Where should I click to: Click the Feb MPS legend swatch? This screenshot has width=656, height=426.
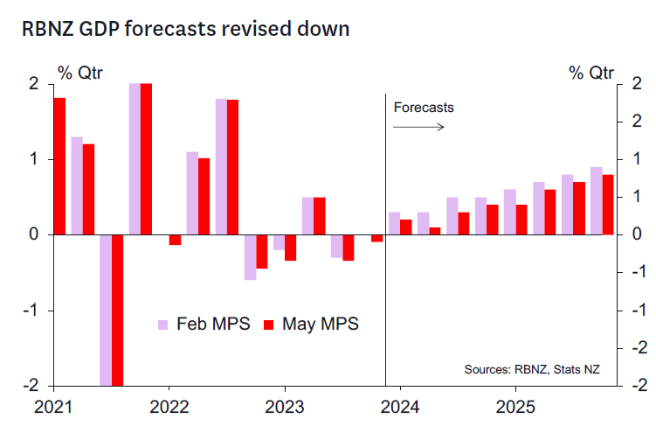(x=162, y=325)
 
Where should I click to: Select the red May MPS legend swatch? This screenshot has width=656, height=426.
(x=269, y=325)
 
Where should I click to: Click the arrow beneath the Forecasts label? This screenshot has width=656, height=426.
(x=418, y=127)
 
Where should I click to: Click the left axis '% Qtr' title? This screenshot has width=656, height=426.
(x=80, y=72)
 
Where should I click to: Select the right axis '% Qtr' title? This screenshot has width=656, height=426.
(x=591, y=72)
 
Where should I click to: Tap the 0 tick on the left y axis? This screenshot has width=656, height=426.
(x=34, y=234)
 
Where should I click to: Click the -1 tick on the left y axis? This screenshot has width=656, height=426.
(x=31, y=311)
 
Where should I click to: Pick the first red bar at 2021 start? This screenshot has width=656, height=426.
(x=59, y=166)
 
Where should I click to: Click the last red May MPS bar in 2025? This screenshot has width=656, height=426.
(x=608, y=205)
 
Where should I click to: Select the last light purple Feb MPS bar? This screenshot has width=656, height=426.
(x=596, y=201)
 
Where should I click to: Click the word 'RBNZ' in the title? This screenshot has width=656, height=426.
(x=52, y=29)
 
